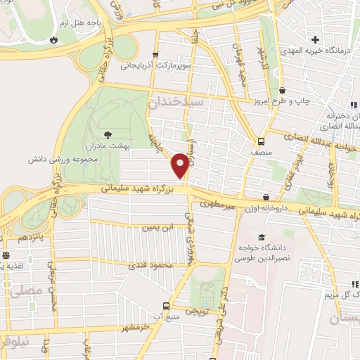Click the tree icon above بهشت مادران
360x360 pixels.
107,133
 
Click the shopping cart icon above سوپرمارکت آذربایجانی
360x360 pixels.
155,54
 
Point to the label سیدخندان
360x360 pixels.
176,103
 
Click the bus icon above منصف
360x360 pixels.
261,141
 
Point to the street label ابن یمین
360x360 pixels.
157,227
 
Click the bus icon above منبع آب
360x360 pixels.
166,306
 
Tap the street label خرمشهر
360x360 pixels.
136,327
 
